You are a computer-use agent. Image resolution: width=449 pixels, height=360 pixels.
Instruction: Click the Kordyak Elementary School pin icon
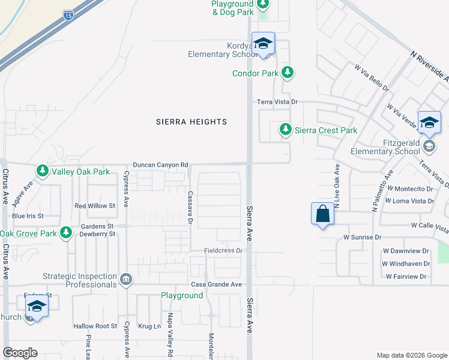262,44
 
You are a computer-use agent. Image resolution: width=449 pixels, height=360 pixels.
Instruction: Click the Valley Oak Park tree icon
43,172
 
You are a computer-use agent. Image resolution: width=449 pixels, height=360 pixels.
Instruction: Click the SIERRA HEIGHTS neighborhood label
191,122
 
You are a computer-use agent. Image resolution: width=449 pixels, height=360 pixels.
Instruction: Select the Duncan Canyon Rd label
160,164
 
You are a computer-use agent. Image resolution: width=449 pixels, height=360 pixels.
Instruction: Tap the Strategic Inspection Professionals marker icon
127,280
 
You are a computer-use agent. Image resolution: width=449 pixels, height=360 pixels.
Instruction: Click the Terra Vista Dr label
277,103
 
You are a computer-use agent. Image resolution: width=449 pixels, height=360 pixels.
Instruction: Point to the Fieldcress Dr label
223,250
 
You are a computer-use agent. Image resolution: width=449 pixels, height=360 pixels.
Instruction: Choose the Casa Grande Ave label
216,284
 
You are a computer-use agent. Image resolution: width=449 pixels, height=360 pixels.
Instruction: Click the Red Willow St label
94,206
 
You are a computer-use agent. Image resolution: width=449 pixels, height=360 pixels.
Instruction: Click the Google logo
20,353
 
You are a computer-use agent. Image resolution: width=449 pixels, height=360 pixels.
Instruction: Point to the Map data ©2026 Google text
411,355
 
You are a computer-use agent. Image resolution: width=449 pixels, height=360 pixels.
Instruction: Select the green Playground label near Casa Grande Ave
181,296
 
